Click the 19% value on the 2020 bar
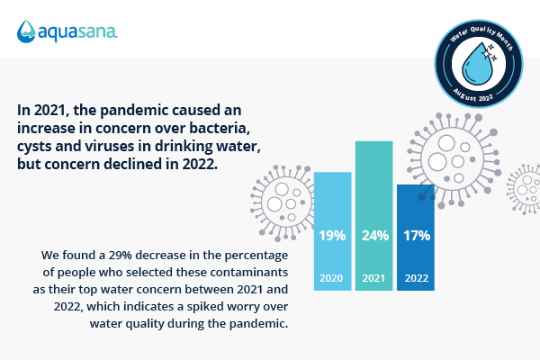click(333, 237)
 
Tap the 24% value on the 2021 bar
click(373, 237)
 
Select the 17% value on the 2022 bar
click(417, 237)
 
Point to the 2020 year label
click(333, 278)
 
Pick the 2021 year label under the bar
click(373, 278)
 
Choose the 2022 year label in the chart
click(417, 278)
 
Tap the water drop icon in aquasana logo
click(26, 31)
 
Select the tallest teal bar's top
click(373, 144)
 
